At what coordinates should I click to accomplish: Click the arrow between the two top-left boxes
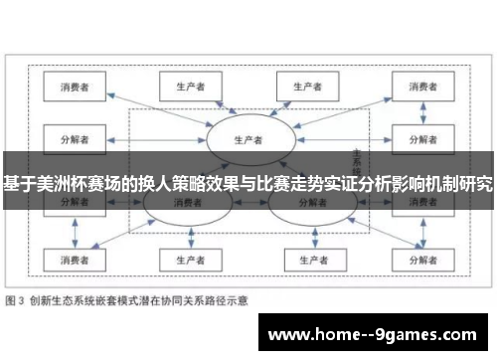(x=130, y=87)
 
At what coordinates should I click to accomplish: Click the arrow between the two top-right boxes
(x=362, y=87)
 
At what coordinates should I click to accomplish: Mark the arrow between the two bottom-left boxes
(x=130, y=260)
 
